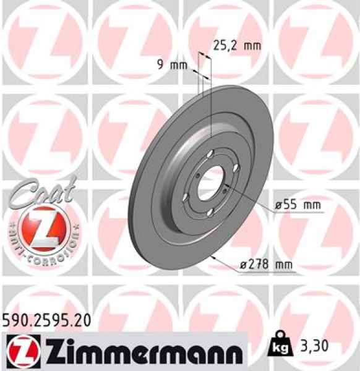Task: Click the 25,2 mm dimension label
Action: click(x=237, y=45)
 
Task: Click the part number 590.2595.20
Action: click(x=50, y=320)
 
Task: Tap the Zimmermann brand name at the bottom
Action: click(x=135, y=352)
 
